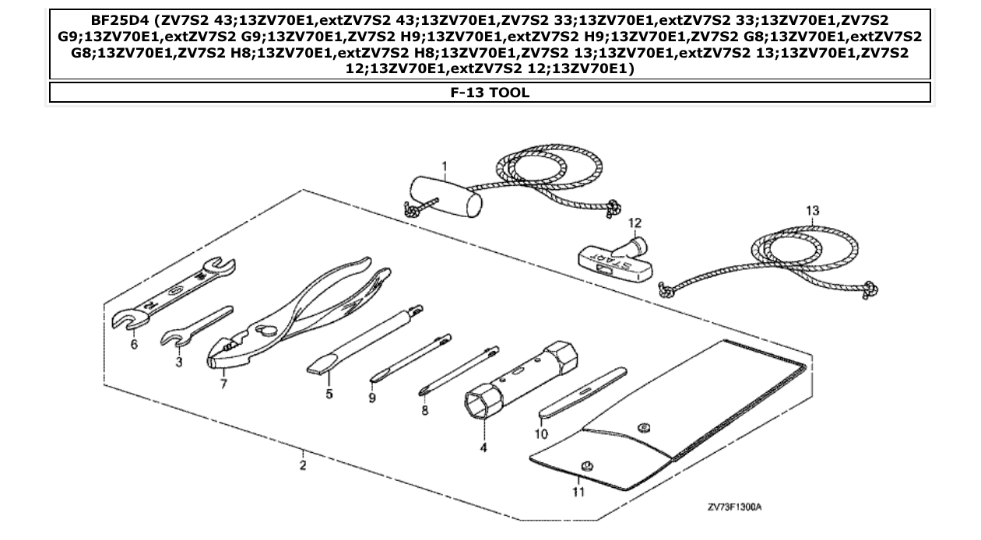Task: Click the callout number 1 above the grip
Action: coord(444,167)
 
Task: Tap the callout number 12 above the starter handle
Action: coord(635,223)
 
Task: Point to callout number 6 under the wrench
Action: coord(134,344)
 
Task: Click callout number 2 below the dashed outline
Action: coord(302,465)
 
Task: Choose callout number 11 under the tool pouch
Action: coord(578,491)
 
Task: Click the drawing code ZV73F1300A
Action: coord(733,507)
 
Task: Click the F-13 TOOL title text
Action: coord(490,93)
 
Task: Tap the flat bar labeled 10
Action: coord(582,393)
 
